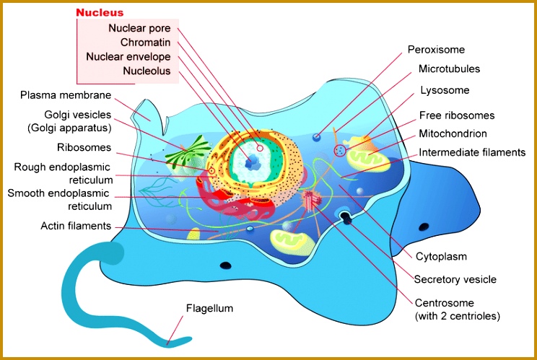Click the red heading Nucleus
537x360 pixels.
100,13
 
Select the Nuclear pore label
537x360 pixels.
139,28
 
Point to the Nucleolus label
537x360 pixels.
147,71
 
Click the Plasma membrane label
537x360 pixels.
66,95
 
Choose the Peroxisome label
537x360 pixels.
436,50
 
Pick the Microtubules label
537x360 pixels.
449,69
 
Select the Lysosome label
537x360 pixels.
445,90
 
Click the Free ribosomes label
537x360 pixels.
457,115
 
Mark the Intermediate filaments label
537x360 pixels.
472,152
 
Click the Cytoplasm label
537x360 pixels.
441,256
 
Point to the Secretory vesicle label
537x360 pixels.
455,279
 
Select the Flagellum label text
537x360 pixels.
210,308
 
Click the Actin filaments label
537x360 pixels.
76,226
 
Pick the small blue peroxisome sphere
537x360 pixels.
316,137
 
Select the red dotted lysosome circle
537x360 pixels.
340,150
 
